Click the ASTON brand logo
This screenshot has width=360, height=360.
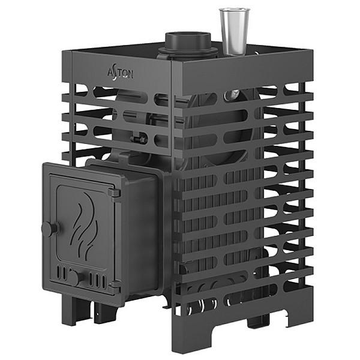(x=121, y=73)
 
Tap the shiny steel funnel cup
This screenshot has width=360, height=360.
(x=234, y=32)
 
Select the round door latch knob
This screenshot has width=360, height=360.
(x=49, y=229)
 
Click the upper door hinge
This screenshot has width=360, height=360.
(x=115, y=193)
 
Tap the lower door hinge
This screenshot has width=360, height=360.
(x=115, y=287)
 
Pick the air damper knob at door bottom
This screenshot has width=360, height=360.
(x=76, y=277)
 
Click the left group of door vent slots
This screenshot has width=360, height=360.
(x=62, y=273)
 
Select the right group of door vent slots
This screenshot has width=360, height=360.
(x=98, y=280)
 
